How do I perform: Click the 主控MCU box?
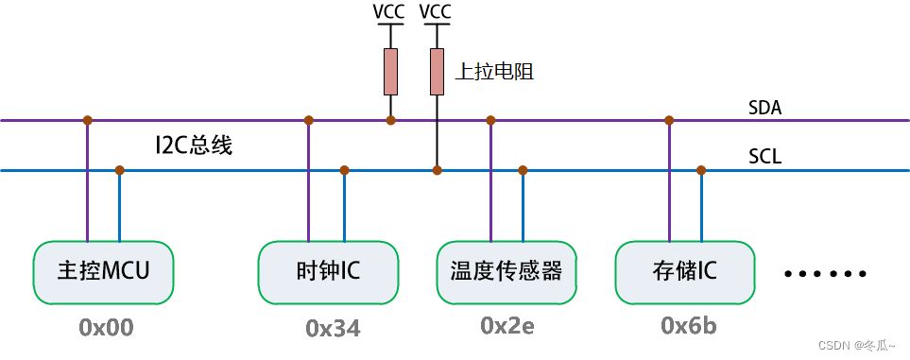(103, 272)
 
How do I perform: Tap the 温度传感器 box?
(507, 272)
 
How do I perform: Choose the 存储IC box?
(685, 272)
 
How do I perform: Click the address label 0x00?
(106, 328)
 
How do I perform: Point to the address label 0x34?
(333, 328)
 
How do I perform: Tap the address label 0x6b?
(688, 326)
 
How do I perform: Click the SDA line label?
(764, 109)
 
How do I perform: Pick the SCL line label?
(764, 157)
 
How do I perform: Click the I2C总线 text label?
(194, 146)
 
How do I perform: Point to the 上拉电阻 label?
(494, 71)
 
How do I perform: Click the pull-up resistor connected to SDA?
(390, 73)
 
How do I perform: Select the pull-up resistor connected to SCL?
(437, 73)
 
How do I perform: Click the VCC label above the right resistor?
(436, 12)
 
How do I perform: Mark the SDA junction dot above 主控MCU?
(87, 120)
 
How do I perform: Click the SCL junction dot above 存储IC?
(701, 170)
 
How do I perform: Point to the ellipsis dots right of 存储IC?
(825, 274)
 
